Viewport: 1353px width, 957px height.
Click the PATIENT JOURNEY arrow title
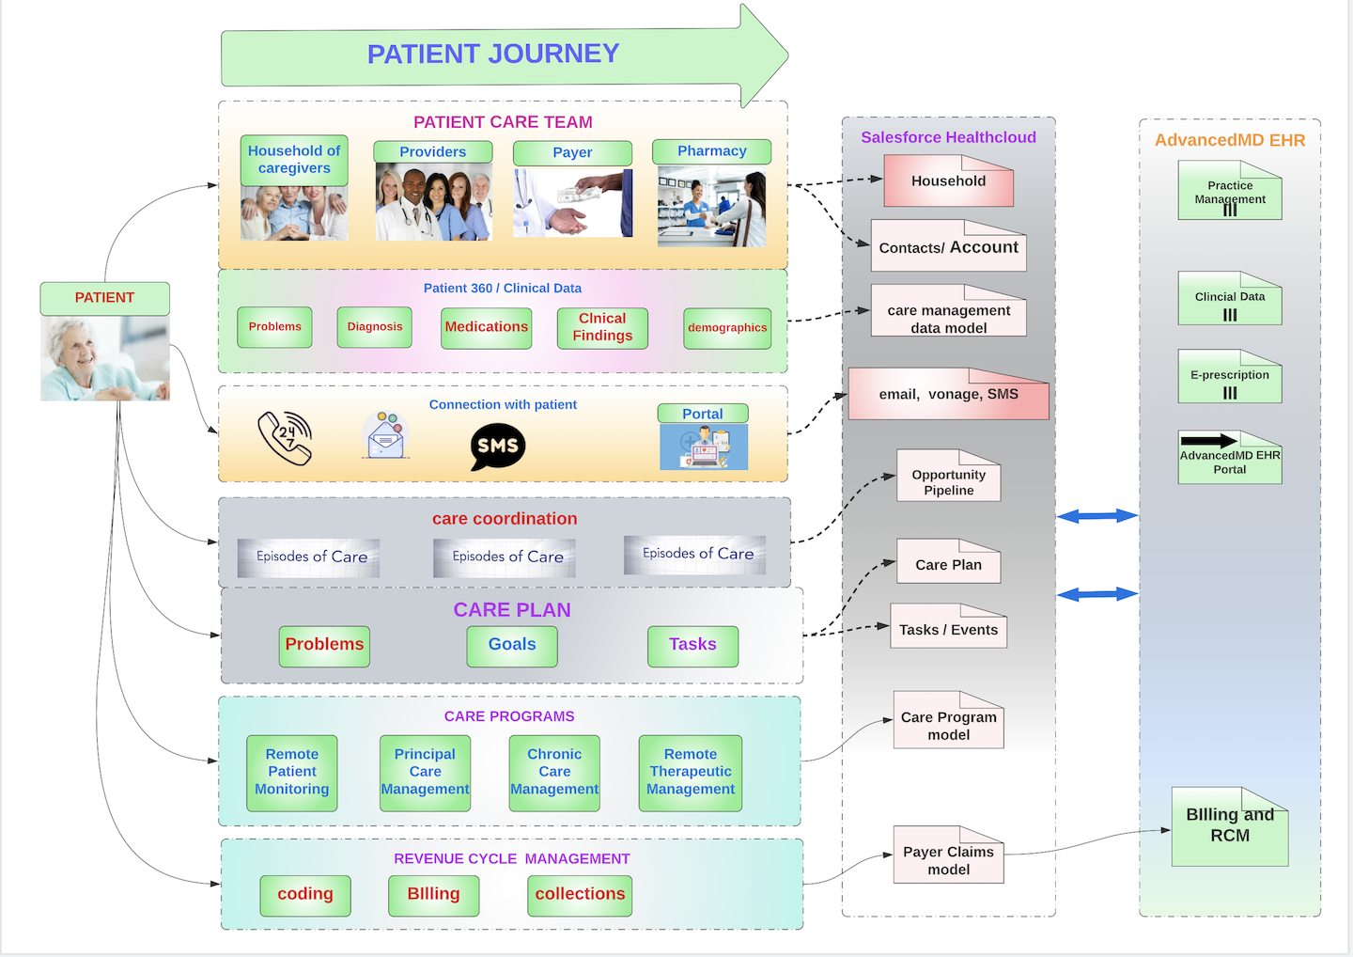492,54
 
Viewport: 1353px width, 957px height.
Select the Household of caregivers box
294,160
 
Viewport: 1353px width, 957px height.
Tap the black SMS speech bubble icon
497,446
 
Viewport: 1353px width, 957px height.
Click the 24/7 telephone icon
285,438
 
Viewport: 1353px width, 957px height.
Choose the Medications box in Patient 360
486,327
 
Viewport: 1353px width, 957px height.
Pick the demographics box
727,328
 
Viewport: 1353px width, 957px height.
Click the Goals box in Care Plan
512,646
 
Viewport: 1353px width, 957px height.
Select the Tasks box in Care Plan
692,646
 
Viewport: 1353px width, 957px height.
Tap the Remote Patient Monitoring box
292,773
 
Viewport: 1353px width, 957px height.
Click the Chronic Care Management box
554,773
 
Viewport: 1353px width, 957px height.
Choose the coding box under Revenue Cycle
305,895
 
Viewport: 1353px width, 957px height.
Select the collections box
580,895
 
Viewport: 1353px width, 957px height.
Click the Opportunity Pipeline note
948,478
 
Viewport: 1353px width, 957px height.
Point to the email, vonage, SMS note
948,395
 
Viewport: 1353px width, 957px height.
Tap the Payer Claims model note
948,856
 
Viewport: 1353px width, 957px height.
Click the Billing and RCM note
1230,827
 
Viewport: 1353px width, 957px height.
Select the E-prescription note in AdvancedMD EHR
1230,377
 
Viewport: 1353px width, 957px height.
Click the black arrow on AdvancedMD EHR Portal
1208,440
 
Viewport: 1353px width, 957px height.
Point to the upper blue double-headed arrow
1096,515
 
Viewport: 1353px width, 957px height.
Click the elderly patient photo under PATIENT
105,358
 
